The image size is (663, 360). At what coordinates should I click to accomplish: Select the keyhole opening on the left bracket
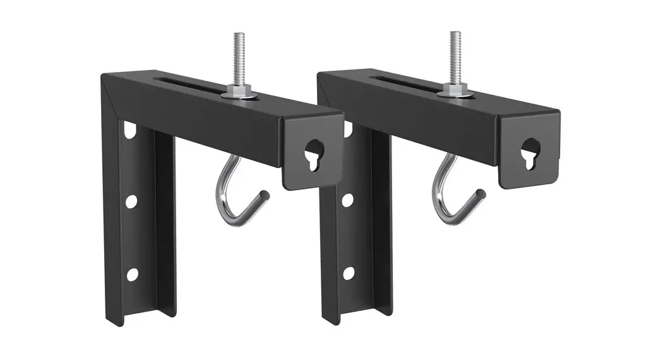(x=312, y=153)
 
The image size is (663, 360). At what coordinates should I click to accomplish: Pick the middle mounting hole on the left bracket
(x=131, y=201)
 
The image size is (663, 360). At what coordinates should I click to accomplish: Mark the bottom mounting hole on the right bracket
(x=348, y=273)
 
